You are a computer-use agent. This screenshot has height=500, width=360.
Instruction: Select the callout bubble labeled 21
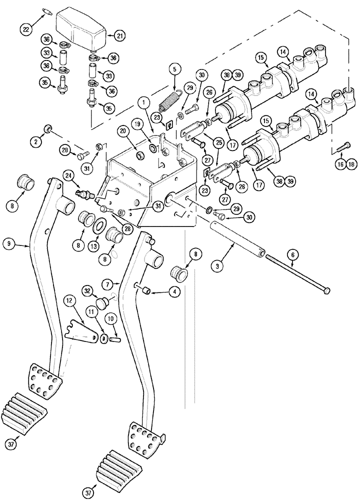[x=119, y=35]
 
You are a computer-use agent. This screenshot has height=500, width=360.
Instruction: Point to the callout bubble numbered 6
[x=294, y=254]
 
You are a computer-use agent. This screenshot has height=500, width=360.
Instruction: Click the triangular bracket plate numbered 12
[x=82, y=330]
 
